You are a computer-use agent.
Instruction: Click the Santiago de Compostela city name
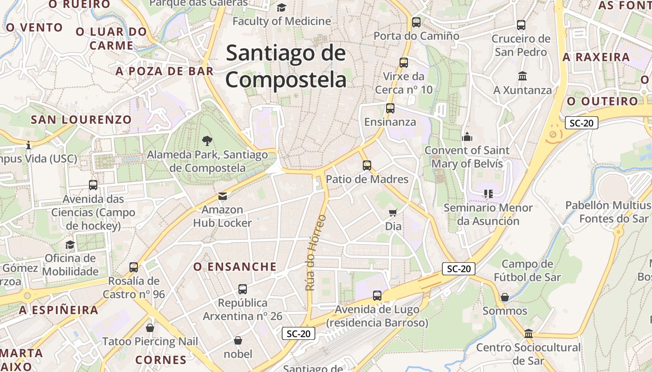pyautogui.click(x=286, y=66)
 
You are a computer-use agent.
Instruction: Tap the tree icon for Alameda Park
pyautogui.click(x=207, y=139)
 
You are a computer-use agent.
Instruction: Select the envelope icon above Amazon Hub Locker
pyautogui.click(x=223, y=196)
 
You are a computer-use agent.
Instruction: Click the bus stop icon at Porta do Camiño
pyautogui.click(x=416, y=22)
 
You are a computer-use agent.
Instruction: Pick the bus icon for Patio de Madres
pyautogui.click(x=367, y=165)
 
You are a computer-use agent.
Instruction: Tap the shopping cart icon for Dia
pyautogui.click(x=393, y=213)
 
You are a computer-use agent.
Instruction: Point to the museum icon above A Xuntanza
pyautogui.click(x=523, y=76)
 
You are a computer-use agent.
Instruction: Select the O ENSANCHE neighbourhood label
pyautogui.click(x=235, y=267)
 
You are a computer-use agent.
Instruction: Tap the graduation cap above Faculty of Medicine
pyautogui.click(x=281, y=7)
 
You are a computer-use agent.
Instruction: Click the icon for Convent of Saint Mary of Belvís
pyautogui.click(x=467, y=137)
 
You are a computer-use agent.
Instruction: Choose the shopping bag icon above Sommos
pyautogui.click(x=505, y=297)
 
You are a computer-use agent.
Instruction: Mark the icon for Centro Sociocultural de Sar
pyautogui.click(x=529, y=333)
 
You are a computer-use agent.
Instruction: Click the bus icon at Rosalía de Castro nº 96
pyautogui.click(x=134, y=267)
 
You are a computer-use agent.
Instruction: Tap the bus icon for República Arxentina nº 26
pyautogui.click(x=243, y=289)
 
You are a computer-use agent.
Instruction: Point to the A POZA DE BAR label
pyautogui.click(x=164, y=71)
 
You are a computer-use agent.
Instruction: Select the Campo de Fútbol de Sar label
pyautogui.click(x=527, y=271)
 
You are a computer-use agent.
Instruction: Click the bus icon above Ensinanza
pyautogui.click(x=390, y=108)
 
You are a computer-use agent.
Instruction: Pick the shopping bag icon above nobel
pyautogui.click(x=238, y=340)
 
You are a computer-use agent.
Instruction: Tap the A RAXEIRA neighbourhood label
pyautogui.click(x=596, y=57)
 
